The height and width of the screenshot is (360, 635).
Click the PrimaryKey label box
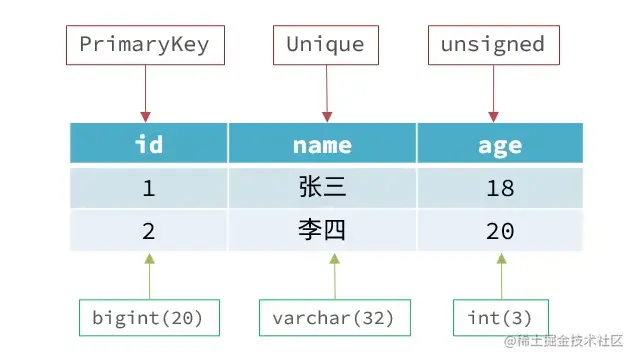point(144,45)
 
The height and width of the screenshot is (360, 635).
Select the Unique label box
point(325,45)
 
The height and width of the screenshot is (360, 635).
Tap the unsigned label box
point(493,45)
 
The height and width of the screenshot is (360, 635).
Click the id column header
point(148,144)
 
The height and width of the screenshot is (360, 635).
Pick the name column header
point(322,144)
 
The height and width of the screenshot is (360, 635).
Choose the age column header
point(499,144)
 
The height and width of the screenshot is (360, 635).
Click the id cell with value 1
point(148,187)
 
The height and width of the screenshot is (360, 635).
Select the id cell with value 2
point(148,231)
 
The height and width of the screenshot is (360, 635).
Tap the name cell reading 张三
point(322,187)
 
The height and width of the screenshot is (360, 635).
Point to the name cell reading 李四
point(322,231)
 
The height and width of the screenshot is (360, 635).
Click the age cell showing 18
point(499,187)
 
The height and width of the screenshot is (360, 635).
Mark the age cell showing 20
point(499,231)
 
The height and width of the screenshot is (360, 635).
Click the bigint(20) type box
point(147,318)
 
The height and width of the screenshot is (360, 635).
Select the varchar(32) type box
point(326,318)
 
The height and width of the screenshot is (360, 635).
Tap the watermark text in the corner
point(566,343)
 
